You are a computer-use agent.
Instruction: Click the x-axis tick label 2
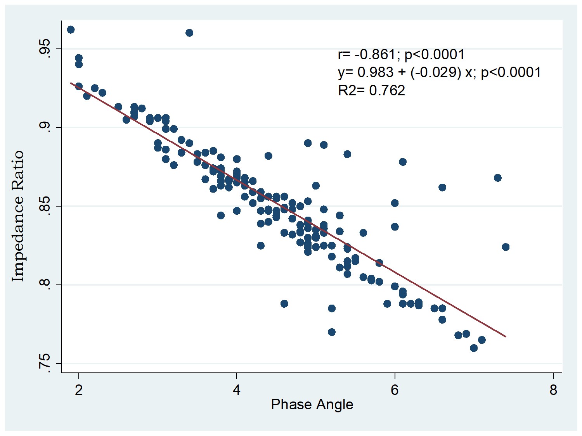[x=79, y=390]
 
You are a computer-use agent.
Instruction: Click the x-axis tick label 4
[x=237, y=390]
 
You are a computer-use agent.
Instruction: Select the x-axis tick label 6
[x=395, y=390]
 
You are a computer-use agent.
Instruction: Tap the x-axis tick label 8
[x=553, y=390]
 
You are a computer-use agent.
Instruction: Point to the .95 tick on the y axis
[x=46, y=49]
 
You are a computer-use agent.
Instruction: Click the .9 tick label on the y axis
[x=46, y=128]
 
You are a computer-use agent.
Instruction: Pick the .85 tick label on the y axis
[x=46, y=206]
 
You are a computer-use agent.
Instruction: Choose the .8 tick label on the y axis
[x=46, y=285]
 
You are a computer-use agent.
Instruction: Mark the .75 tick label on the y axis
[x=46, y=363]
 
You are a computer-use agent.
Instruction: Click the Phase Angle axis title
[x=312, y=405]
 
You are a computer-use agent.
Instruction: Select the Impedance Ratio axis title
[x=18, y=216]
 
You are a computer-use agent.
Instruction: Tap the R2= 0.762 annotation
[x=371, y=90]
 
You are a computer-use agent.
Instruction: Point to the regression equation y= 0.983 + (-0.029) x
[x=439, y=72]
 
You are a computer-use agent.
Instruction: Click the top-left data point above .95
[x=71, y=30]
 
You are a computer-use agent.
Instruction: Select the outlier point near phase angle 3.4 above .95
[x=189, y=33]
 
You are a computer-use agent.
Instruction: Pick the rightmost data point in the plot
[x=506, y=247]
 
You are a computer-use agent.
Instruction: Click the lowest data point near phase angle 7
[x=474, y=348]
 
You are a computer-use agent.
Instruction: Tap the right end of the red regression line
[x=506, y=336]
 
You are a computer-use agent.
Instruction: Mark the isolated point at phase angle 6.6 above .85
[x=442, y=188]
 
